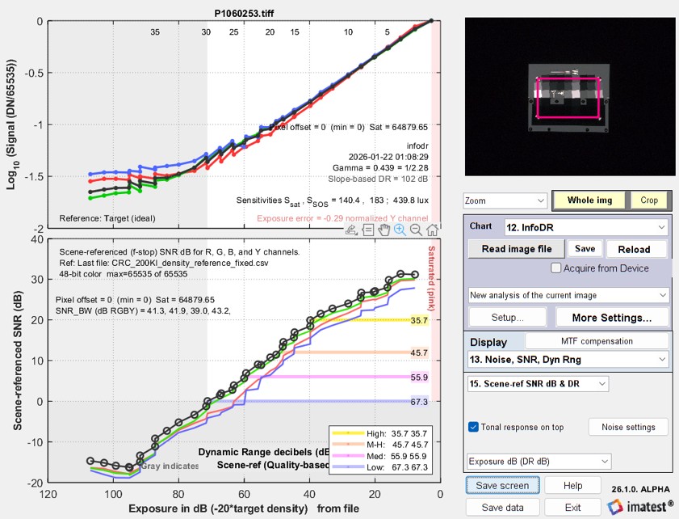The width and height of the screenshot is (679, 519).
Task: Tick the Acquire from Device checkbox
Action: point(556,268)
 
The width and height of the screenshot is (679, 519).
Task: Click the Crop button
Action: point(648,200)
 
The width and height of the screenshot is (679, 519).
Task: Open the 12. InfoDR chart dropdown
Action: point(585,227)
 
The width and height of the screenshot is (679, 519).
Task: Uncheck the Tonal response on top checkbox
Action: point(474,427)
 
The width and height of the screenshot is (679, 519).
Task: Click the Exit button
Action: point(572,508)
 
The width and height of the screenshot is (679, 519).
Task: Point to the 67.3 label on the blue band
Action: point(419,402)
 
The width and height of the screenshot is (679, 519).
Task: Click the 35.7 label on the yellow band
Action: point(419,321)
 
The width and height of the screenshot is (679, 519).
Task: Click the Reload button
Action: point(638,248)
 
